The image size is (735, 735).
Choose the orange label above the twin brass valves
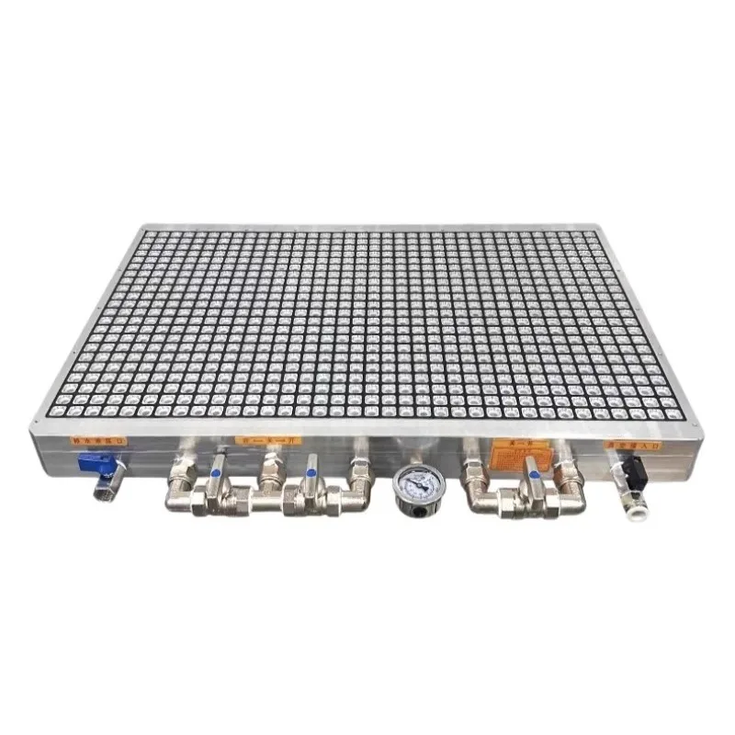(267, 441)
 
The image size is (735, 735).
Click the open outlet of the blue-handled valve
(103, 497)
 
